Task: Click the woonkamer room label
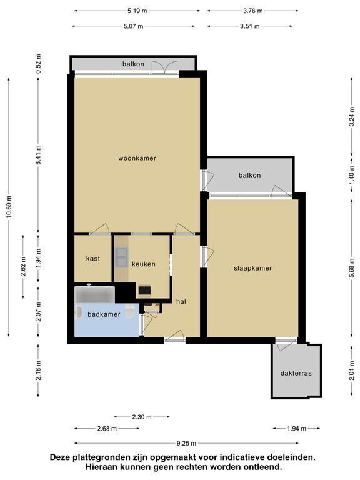(137, 158)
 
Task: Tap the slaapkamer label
(253, 268)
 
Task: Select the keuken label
(144, 264)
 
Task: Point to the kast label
(93, 259)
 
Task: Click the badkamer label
(104, 314)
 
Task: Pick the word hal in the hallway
(181, 301)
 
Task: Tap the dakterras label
(296, 373)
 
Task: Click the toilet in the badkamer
(130, 311)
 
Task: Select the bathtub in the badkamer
(94, 294)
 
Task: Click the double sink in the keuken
(122, 257)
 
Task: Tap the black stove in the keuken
(144, 290)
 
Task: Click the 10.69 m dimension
(9, 207)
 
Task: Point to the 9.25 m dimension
(186, 443)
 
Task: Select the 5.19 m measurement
(137, 11)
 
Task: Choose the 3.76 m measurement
(253, 11)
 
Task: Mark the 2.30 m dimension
(142, 417)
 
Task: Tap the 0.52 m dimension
(38, 64)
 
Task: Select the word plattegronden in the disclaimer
(99, 458)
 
